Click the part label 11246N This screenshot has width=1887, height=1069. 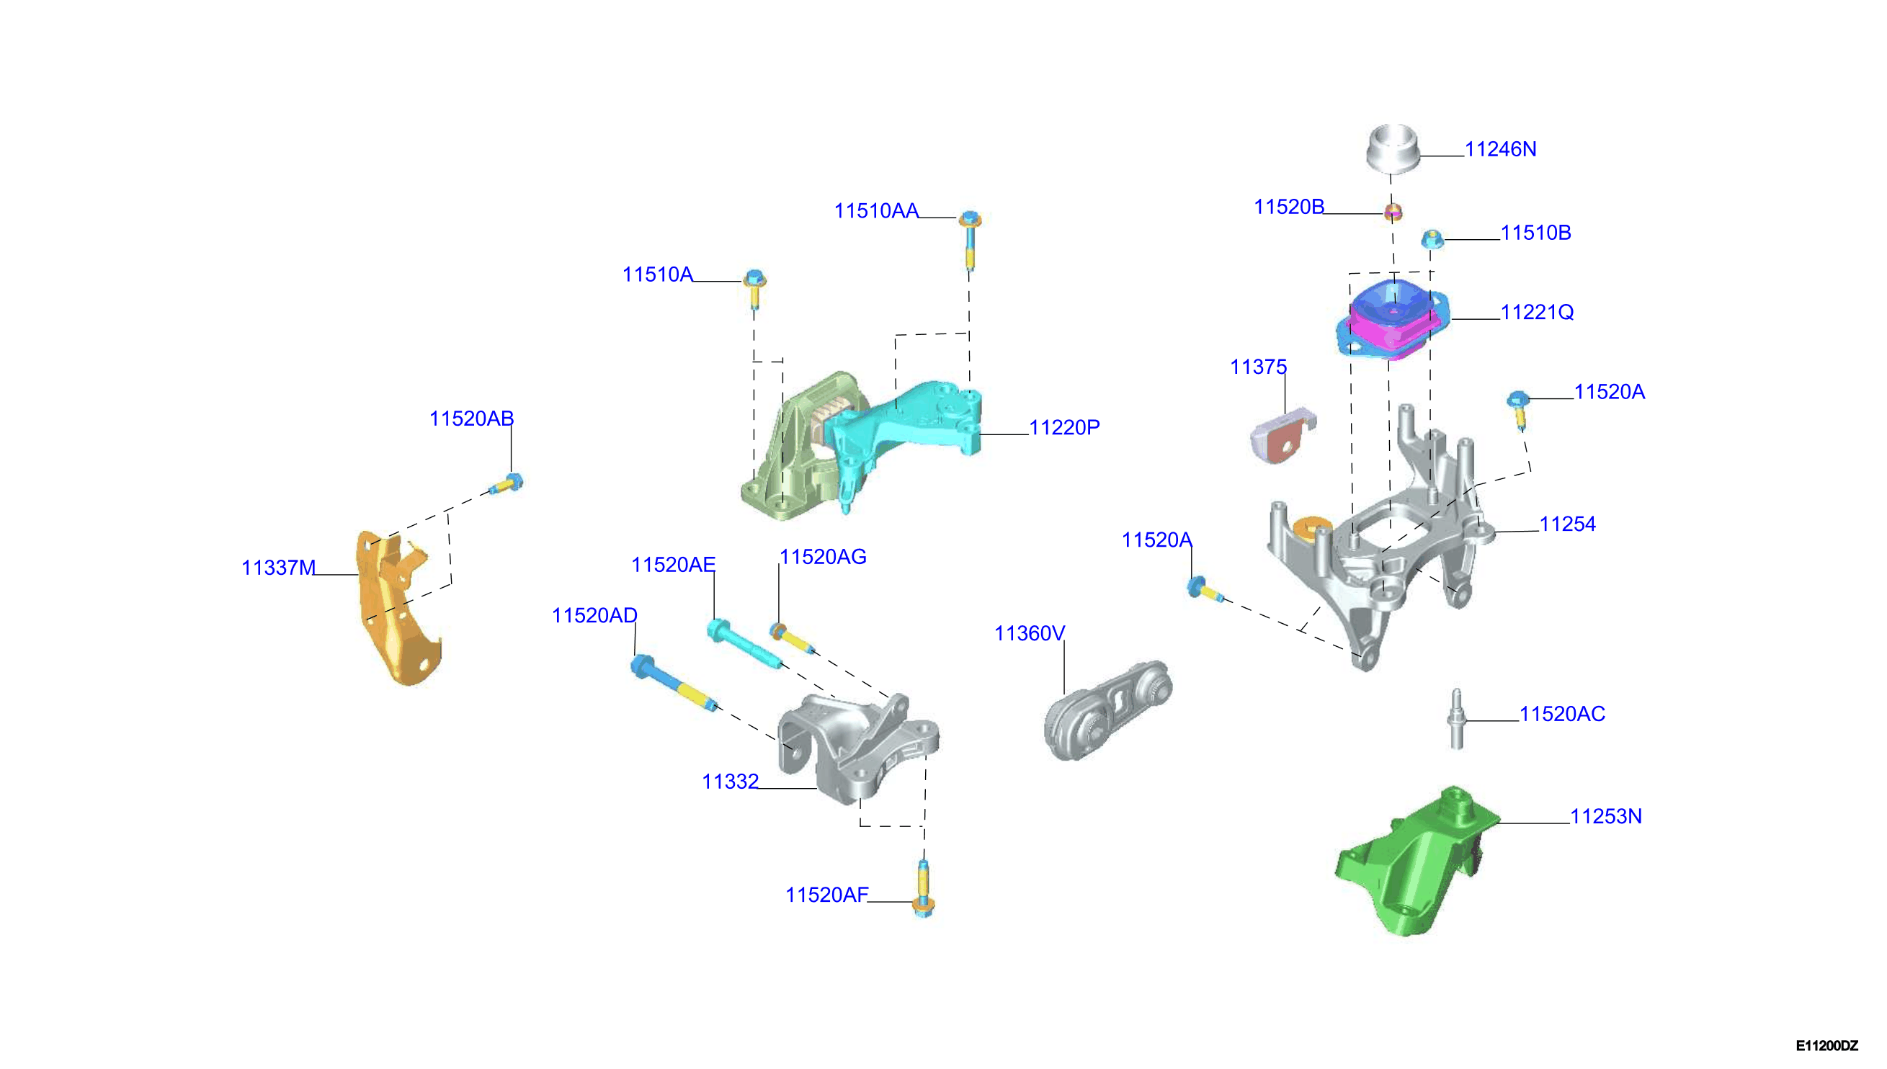pos(1499,149)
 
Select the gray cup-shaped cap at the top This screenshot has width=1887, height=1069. pos(1392,150)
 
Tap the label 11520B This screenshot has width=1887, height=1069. pos(1288,207)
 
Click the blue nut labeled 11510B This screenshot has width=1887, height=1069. pos(1432,238)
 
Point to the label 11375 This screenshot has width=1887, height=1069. pos(1258,367)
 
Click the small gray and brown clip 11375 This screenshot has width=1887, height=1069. pos(1282,434)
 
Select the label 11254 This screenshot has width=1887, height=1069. pos(1567,524)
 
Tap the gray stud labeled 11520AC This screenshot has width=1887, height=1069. pos(1457,719)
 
